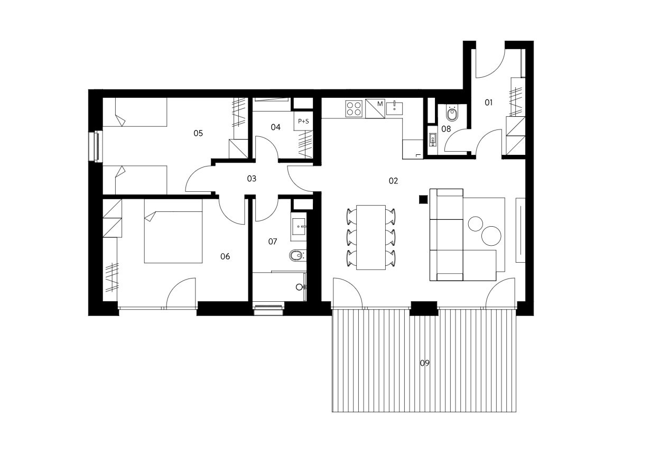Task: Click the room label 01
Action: (x=488, y=103)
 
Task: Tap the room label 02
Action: (x=393, y=181)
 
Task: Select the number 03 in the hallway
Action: (x=252, y=179)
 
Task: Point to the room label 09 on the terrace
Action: (x=424, y=363)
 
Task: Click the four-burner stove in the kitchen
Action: (x=354, y=109)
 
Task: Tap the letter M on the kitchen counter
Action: (x=380, y=104)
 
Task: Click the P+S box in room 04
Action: (x=303, y=121)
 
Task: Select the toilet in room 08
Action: (x=452, y=113)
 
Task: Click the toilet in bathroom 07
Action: (x=298, y=256)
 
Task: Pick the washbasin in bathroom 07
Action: (x=299, y=227)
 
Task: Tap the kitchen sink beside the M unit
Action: (x=395, y=108)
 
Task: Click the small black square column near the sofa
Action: (x=423, y=200)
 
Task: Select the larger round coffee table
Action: (x=491, y=236)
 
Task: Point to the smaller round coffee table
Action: (x=475, y=224)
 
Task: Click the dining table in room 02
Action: (x=371, y=237)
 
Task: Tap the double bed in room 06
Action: (x=173, y=231)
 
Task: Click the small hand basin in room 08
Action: (x=433, y=139)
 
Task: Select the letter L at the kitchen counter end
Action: (x=417, y=155)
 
